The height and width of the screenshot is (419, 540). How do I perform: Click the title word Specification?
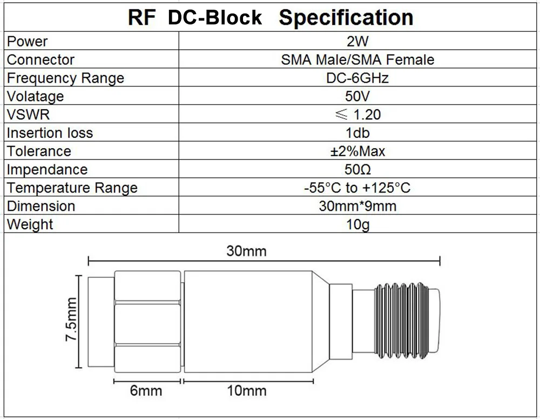346,18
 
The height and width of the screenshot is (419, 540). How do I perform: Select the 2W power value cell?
357,41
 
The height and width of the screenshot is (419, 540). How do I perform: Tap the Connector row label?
40,59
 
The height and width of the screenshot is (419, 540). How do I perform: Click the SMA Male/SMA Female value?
357,59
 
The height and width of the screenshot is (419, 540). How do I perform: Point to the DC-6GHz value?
357,78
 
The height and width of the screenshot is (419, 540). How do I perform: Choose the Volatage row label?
35,96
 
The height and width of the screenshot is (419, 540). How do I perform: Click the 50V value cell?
357,96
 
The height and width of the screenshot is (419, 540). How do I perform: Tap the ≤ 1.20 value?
357,115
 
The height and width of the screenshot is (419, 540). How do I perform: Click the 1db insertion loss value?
357,133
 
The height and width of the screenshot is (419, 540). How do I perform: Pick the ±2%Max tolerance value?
357,151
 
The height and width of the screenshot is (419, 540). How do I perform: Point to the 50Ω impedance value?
357,170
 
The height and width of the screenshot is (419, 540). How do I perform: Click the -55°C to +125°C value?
357,188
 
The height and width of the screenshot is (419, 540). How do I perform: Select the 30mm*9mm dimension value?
357,206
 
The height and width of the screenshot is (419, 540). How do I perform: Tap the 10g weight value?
357,224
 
